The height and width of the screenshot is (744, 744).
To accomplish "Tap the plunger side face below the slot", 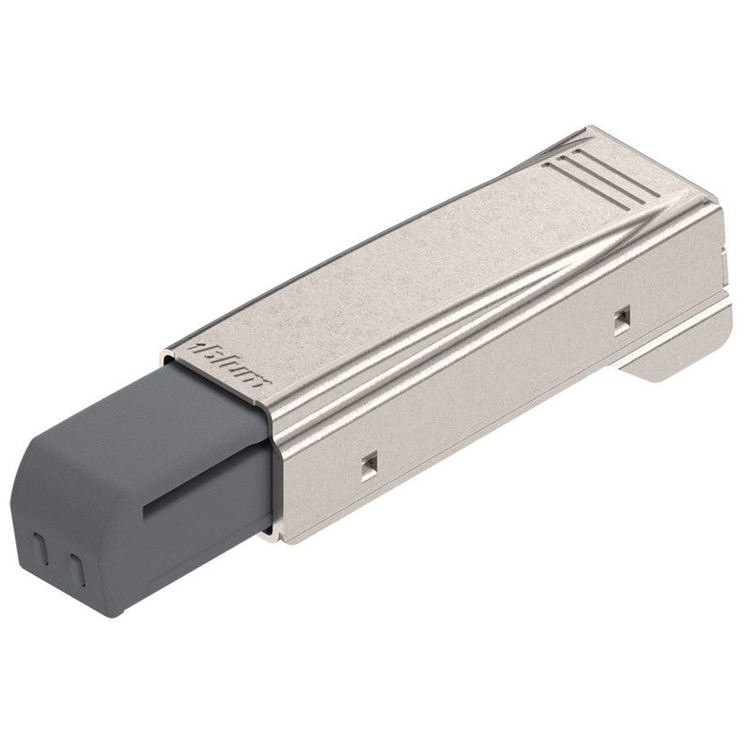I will (x=201, y=548).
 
